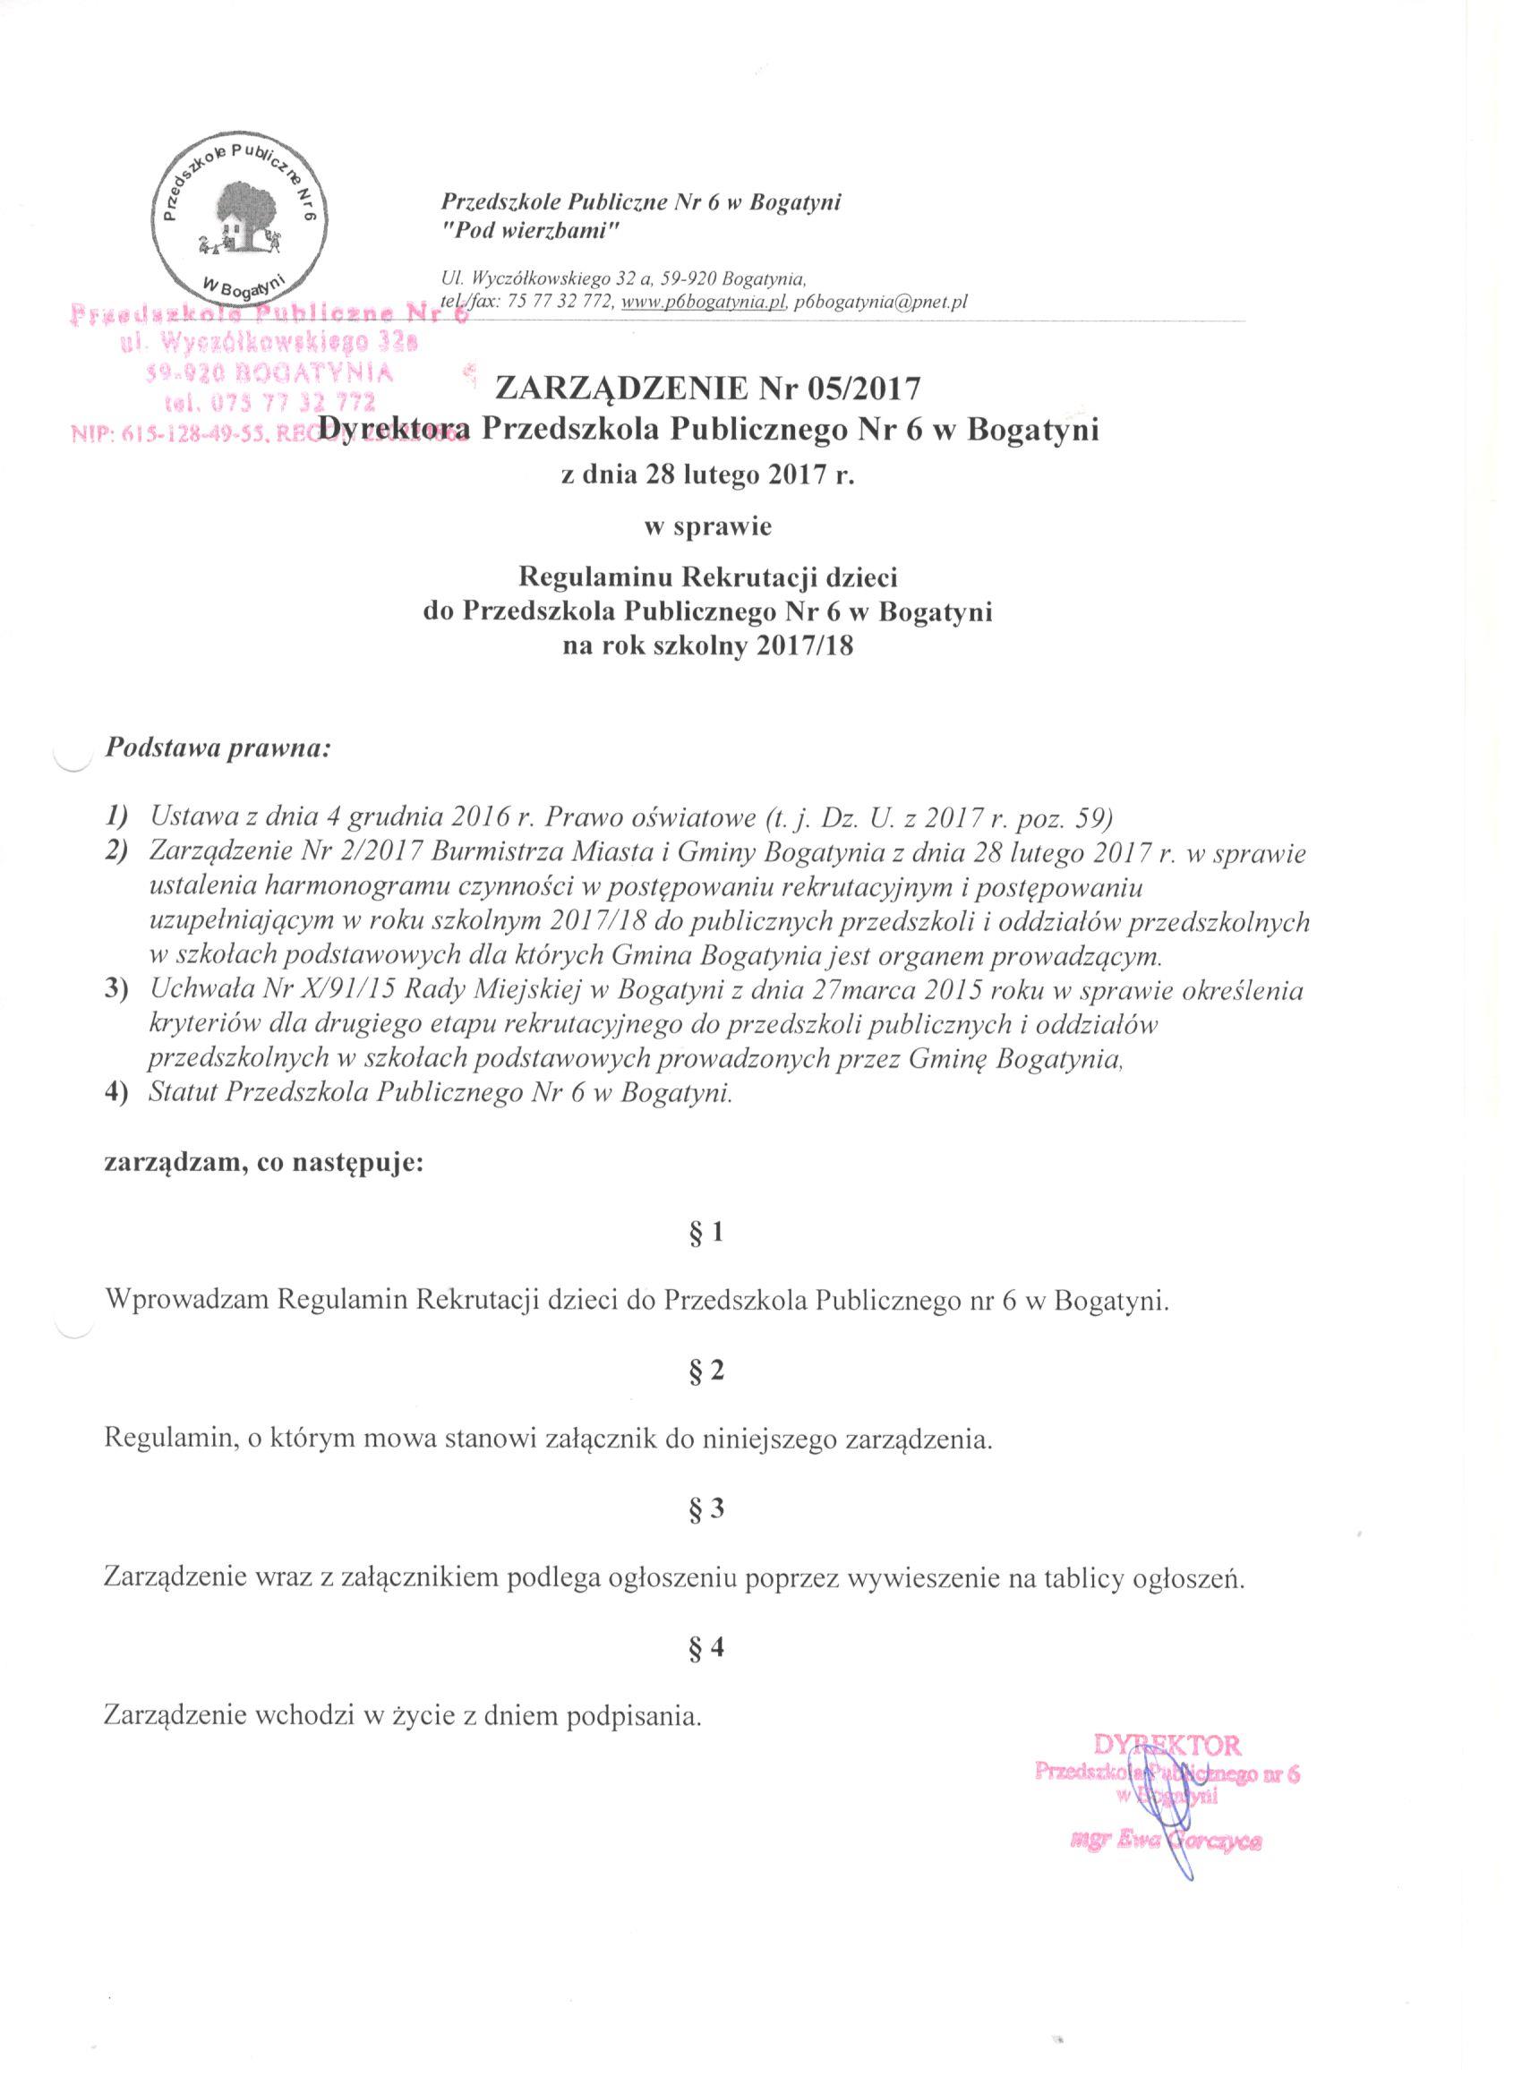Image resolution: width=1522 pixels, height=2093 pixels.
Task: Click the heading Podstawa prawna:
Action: (x=217, y=747)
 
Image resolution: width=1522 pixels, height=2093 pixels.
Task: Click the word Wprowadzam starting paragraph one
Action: (x=187, y=1302)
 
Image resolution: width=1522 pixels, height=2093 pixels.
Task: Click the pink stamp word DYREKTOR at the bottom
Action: (x=1167, y=1746)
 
